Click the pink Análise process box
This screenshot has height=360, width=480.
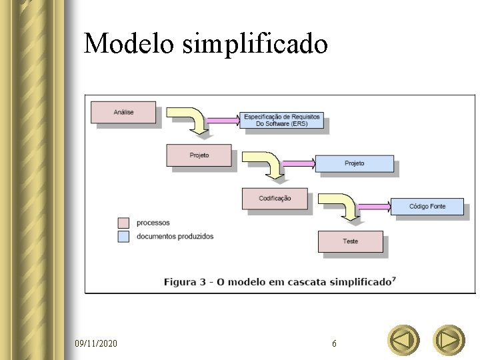pyautogui.click(x=123, y=112)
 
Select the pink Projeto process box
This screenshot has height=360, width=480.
pyautogui.click(x=199, y=155)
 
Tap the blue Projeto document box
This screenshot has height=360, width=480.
pyautogui.click(x=354, y=163)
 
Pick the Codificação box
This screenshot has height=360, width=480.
pyautogui.click(x=275, y=198)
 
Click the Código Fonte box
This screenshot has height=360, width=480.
pyautogui.click(x=427, y=207)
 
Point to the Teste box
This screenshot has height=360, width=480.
pyautogui.click(x=350, y=241)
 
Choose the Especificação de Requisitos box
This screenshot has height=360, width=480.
pyautogui.click(x=282, y=120)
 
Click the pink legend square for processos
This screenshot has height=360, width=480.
pyautogui.click(x=123, y=223)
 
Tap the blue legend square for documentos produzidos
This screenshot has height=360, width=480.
pyautogui.click(x=123, y=236)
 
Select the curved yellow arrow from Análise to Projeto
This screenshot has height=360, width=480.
pyautogui.click(x=193, y=119)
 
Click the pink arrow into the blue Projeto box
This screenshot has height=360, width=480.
pyautogui.click(x=300, y=163)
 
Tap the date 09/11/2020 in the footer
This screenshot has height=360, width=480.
pyautogui.click(x=96, y=343)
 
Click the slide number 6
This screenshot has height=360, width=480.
pyautogui.click(x=334, y=343)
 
